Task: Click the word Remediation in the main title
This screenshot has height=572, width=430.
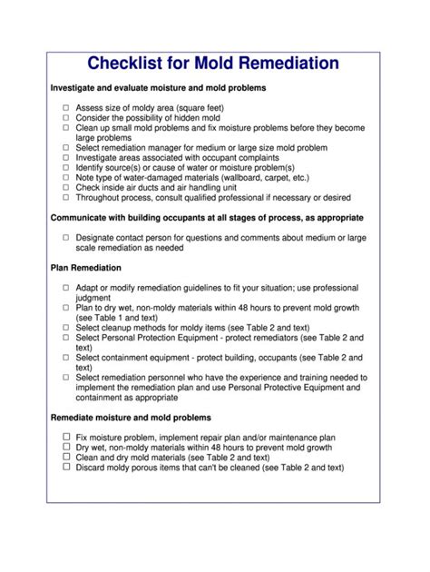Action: [285, 64]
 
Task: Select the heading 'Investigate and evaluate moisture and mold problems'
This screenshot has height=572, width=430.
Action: [158, 88]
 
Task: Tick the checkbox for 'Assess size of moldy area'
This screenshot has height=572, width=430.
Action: [66, 108]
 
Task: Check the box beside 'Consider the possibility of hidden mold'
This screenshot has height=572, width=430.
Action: [66, 118]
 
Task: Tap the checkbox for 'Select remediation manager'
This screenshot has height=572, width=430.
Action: [66, 148]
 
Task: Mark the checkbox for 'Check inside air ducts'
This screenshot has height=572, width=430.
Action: [66, 188]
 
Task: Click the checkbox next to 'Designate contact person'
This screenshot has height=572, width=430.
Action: [66, 238]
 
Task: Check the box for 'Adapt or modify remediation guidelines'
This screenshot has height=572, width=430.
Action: [66, 288]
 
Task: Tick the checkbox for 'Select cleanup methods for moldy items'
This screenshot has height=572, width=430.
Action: [66, 328]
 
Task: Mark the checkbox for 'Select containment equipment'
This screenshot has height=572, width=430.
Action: [66, 358]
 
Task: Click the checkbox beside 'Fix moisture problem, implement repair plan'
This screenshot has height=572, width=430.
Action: [66, 438]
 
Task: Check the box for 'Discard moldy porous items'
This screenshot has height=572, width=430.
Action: [66, 468]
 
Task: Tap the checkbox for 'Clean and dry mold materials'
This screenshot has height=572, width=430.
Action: [66, 458]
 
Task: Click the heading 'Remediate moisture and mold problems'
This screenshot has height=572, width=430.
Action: [131, 418]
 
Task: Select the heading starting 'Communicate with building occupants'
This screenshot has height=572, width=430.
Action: [207, 218]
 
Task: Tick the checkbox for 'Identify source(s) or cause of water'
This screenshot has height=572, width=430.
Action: [66, 168]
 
